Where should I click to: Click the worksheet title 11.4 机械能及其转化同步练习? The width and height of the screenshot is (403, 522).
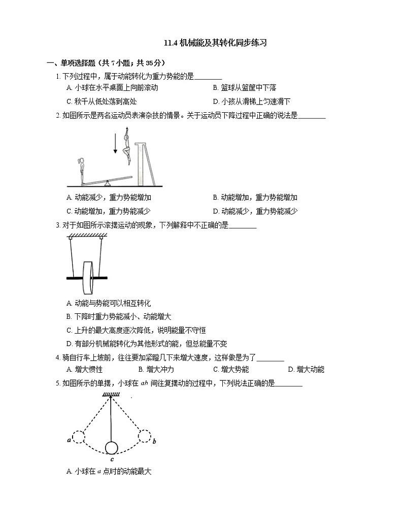coord(215,43)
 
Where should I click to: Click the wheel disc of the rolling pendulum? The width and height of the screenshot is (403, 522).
coord(88,278)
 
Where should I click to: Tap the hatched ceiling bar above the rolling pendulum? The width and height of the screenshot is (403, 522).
coord(85,235)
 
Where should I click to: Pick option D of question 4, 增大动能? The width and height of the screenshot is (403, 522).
coord(306,370)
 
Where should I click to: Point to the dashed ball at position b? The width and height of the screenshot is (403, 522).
coord(145,436)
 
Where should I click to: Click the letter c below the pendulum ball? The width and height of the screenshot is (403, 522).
coord(111,460)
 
